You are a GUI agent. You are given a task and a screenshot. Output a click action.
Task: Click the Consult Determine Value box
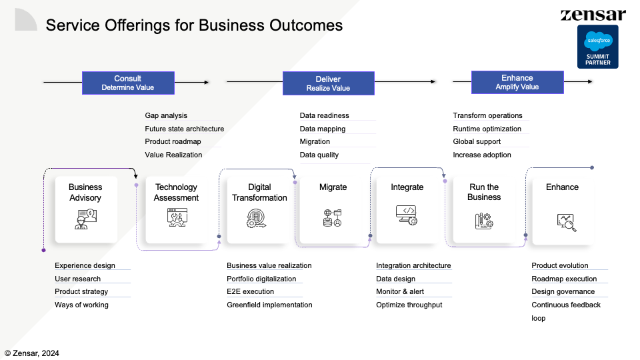[128, 83]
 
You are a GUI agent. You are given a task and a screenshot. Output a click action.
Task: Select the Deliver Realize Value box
[329, 83]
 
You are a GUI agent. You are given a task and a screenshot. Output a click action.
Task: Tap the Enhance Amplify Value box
[517, 82]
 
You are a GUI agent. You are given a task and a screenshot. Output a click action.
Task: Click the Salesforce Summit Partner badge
[597, 47]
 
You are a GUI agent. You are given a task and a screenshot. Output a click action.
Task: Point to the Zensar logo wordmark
[593, 15]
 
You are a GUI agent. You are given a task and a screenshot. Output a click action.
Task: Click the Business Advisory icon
[85, 219]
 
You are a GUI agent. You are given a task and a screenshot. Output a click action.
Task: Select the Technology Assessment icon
[177, 217]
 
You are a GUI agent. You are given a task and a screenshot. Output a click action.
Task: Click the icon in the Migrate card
[332, 218]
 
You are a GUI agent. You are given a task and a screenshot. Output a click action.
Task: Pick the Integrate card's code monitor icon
[407, 215]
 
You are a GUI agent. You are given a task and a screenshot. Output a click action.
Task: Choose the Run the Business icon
[484, 221]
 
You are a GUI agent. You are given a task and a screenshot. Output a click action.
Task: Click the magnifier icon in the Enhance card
[567, 223]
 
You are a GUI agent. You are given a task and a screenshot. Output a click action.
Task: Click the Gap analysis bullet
[166, 115]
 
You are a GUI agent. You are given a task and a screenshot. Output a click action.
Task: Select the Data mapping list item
[323, 129]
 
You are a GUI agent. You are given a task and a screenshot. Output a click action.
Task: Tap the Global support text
[477, 141]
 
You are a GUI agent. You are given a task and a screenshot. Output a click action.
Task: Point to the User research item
[77, 279]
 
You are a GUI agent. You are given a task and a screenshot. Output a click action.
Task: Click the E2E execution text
[250, 291]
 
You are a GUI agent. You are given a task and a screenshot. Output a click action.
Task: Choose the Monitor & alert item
[400, 291]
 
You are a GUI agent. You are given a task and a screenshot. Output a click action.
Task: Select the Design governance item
[563, 291]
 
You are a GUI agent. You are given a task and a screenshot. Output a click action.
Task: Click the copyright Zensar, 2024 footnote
[32, 353]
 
